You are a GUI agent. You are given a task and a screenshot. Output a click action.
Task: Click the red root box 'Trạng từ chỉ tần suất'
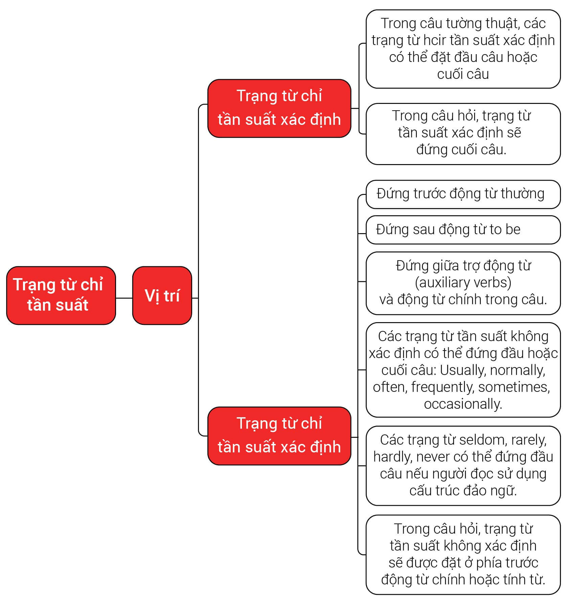pyautogui.click(x=61, y=295)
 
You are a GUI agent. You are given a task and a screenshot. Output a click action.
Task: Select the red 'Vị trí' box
pyautogui.click(x=162, y=295)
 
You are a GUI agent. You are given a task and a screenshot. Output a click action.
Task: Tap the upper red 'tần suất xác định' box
pyautogui.click(x=279, y=108)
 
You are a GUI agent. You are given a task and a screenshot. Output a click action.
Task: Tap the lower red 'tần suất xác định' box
pyautogui.click(x=279, y=436)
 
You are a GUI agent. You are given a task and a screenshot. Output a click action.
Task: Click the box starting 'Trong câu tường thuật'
pyautogui.click(x=463, y=49)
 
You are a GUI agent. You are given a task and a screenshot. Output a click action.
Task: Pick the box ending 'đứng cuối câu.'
pyautogui.click(x=463, y=134)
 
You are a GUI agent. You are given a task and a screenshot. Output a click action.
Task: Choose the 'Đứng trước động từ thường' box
pyautogui.click(x=463, y=194)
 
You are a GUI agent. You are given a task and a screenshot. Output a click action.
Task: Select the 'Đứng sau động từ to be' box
pyautogui.click(x=463, y=230)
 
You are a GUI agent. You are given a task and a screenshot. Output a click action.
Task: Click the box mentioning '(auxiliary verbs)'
pyautogui.click(x=463, y=283)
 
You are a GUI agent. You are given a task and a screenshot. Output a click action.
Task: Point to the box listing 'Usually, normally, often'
pyautogui.click(x=463, y=370)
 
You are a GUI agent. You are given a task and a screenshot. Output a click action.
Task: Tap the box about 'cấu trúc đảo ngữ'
pyautogui.click(x=463, y=466)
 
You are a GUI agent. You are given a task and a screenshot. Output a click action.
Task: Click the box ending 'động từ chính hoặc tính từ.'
pyautogui.click(x=463, y=555)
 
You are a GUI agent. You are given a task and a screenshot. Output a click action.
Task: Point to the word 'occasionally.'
pyautogui.click(x=463, y=404)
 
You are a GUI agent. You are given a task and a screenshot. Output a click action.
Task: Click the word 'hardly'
pyautogui.click(x=392, y=457)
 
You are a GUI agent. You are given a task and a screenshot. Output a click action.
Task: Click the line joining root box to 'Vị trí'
pyautogui.click(x=124, y=298)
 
